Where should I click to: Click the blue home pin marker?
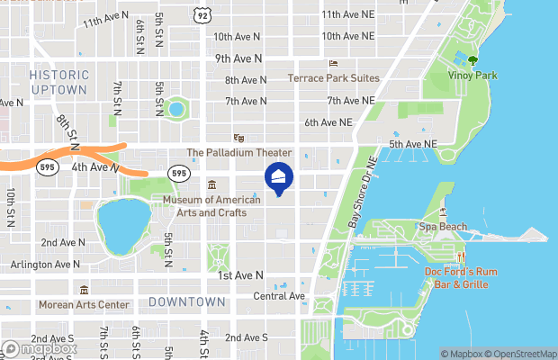coord(278,178)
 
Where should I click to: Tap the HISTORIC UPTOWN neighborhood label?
coord(59,82)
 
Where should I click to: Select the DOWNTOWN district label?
coord(186,301)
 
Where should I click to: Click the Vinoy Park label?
coord(472,76)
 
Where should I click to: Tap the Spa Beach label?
coord(443,227)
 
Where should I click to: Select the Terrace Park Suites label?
coord(333,78)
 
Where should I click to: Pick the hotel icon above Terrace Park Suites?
coord(333,64)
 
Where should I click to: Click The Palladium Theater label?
coord(238,153)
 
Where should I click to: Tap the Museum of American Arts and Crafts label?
coord(211,206)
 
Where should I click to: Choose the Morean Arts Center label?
coord(84,304)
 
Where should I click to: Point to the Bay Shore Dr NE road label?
coord(358,188)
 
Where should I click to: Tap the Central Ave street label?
coord(279,296)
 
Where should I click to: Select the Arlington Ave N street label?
coord(45,265)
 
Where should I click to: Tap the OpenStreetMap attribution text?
coord(521,353)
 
